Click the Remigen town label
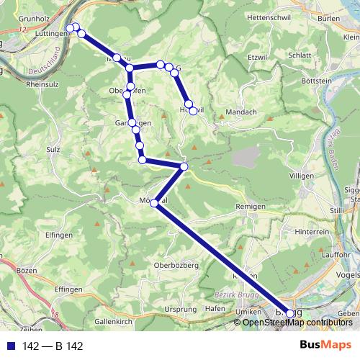(x=252, y=207)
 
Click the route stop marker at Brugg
(x=290, y=313)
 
